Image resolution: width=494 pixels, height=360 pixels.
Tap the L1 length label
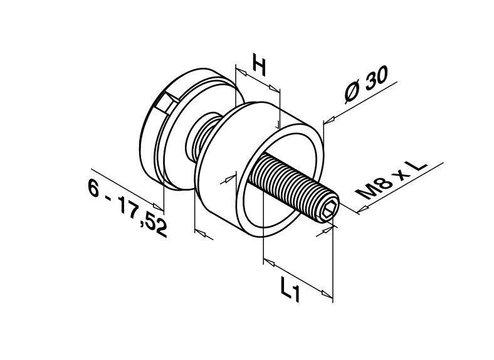pyautogui.click(x=290, y=290)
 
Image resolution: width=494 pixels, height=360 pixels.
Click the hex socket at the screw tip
pyautogui.click(x=328, y=211)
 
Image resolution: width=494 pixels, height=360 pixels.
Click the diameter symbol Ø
pyautogui.click(x=353, y=93)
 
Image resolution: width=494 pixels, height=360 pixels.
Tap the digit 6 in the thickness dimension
pyautogui.click(x=95, y=187)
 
